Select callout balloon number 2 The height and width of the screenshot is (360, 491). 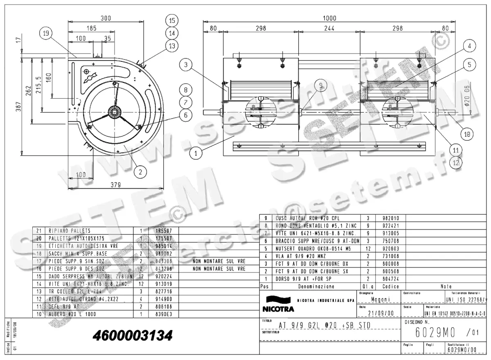(140, 172)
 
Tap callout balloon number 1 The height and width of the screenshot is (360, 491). (196, 153)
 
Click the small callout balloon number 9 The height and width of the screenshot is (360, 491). (321, 85)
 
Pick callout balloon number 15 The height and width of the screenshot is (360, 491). (172, 20)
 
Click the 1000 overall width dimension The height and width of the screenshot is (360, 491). (329, 18)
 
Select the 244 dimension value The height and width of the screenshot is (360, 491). (329, 28)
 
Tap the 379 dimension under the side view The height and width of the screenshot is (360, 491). (116, 185)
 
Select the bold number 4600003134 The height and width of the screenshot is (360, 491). (133, 336)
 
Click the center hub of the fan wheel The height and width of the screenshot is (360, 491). (113, 110)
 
